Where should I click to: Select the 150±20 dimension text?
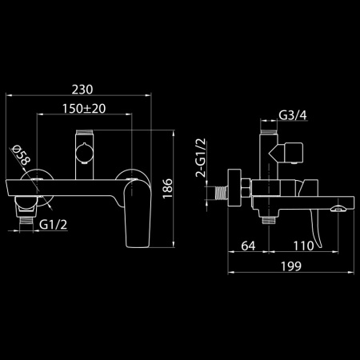point(83,109)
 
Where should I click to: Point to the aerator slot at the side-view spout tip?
point(338,209)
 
